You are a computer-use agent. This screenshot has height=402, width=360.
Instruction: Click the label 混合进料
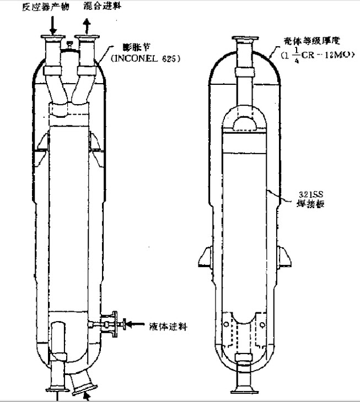point(103,6)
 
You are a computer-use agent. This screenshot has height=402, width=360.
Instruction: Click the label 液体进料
point(169,326)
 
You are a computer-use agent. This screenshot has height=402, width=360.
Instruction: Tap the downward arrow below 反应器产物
point(53,24)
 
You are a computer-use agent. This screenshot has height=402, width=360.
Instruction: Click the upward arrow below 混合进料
point(87,24)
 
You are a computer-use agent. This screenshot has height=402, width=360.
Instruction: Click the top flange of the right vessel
point(243,40)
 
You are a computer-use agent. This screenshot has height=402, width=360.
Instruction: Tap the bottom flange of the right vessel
point(243,389)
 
